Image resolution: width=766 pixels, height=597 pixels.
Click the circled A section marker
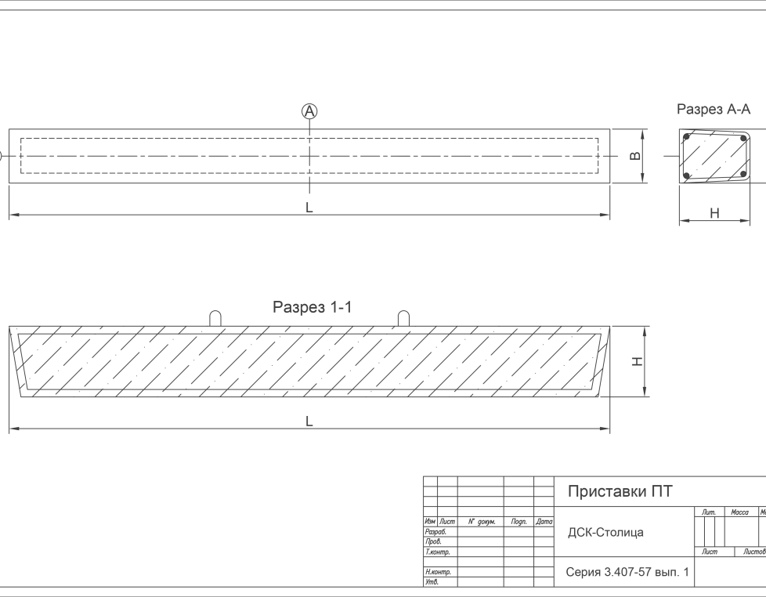tap(310, 111)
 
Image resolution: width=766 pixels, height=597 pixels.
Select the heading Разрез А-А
tap(714, 110)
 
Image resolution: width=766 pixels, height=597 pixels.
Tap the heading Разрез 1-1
tap(312, 308)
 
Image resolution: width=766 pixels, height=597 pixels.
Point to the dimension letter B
tap(637, 157)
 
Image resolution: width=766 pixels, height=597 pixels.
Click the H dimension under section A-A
tap(714, 212)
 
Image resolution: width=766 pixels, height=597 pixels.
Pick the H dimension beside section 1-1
tap(638, 361)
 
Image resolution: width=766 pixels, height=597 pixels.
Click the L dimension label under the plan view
tap(309, 208)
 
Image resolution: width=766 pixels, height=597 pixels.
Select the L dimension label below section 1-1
tap(309, 422)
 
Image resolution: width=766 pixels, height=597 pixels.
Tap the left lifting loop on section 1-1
tap(216, 317)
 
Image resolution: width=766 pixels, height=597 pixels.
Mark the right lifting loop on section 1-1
tap(403, 317)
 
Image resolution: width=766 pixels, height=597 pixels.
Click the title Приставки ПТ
tap(620, 492)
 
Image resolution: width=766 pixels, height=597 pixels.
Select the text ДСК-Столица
tap(605, 533)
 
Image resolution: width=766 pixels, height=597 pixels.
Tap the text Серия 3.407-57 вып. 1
tap(627, 573)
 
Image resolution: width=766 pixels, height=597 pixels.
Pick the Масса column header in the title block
tap(739, 512)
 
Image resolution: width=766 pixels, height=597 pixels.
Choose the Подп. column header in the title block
tap(518, 522)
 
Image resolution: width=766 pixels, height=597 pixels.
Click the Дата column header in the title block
tap(544, 522)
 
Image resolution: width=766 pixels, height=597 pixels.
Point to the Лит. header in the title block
tap(710, 512)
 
